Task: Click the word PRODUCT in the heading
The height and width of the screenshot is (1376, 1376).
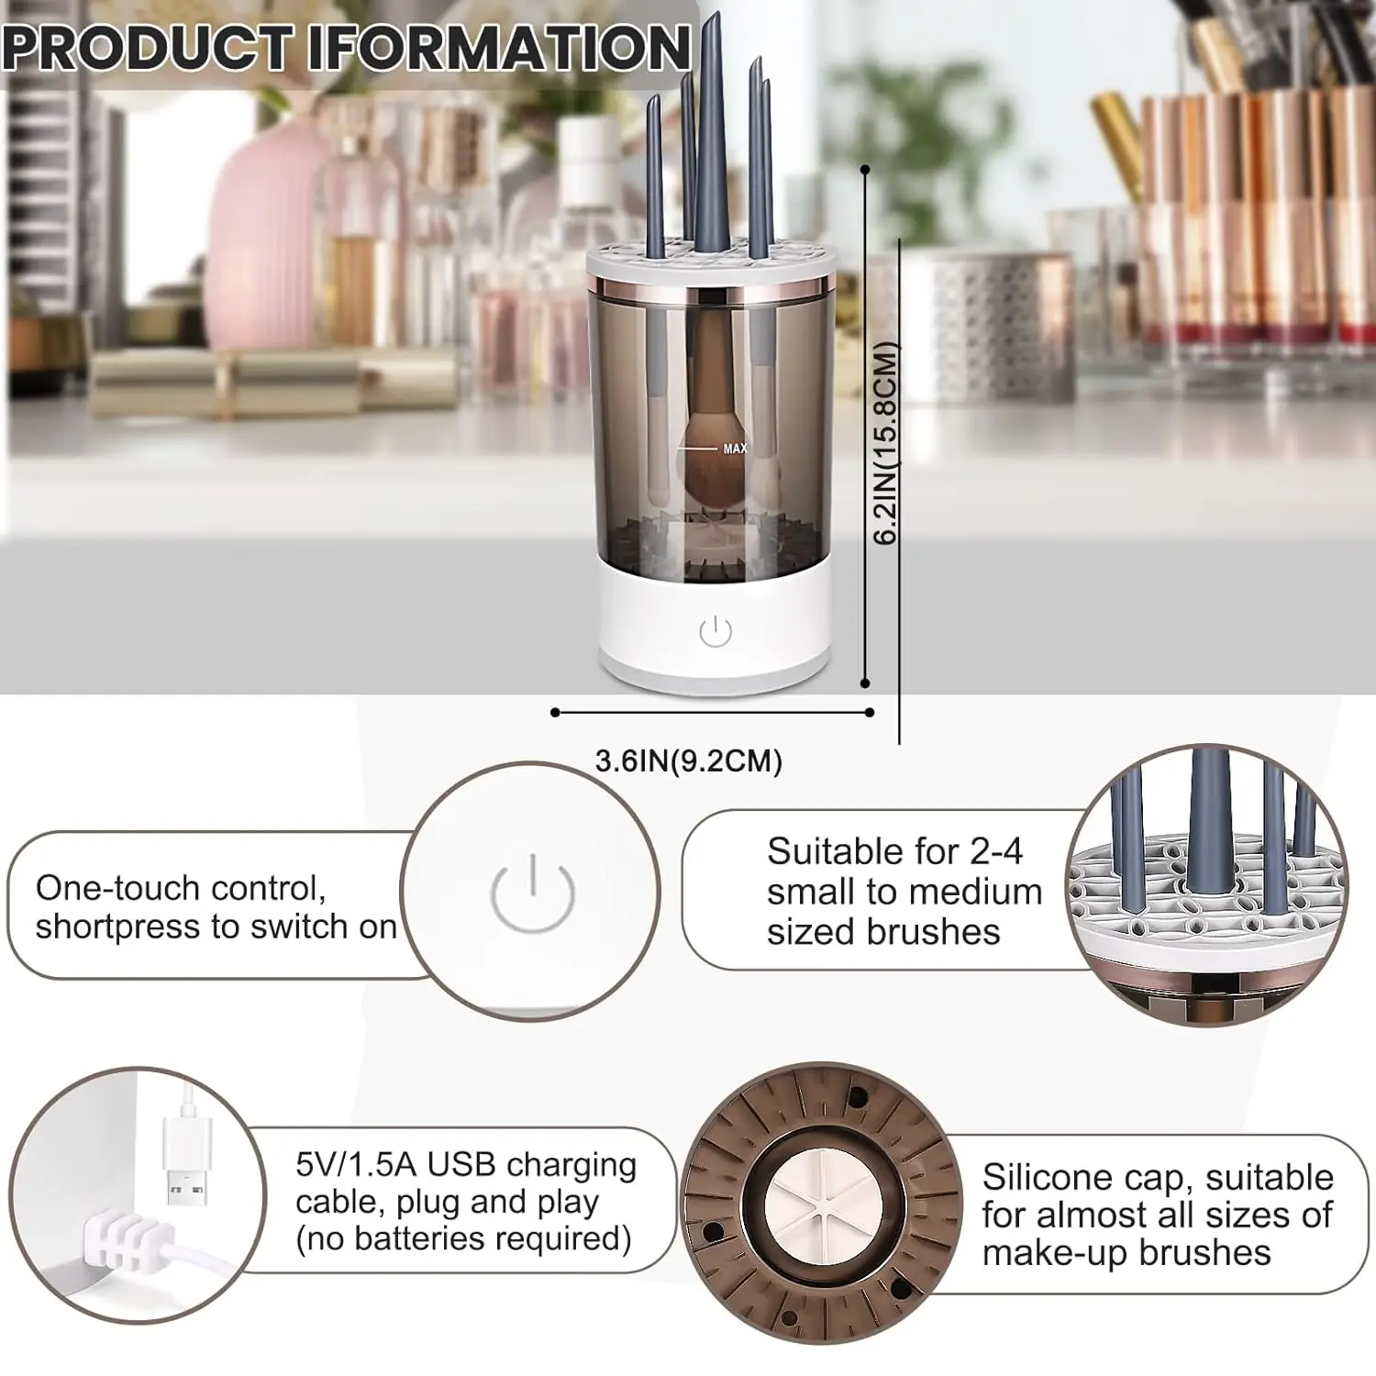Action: [x=147, y=48]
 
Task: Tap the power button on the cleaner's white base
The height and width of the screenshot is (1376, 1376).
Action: [x=715, y=631]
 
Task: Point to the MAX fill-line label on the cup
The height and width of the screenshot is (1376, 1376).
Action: [x=735, y=449]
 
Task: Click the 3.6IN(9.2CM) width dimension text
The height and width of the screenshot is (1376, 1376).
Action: [x=688, y=761]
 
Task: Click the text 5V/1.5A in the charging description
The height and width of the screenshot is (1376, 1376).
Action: [x=355, y=1164]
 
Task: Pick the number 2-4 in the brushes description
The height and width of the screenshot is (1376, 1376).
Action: [x=995, y=851]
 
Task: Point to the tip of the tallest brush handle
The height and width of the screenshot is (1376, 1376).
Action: [x=713, y=17]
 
